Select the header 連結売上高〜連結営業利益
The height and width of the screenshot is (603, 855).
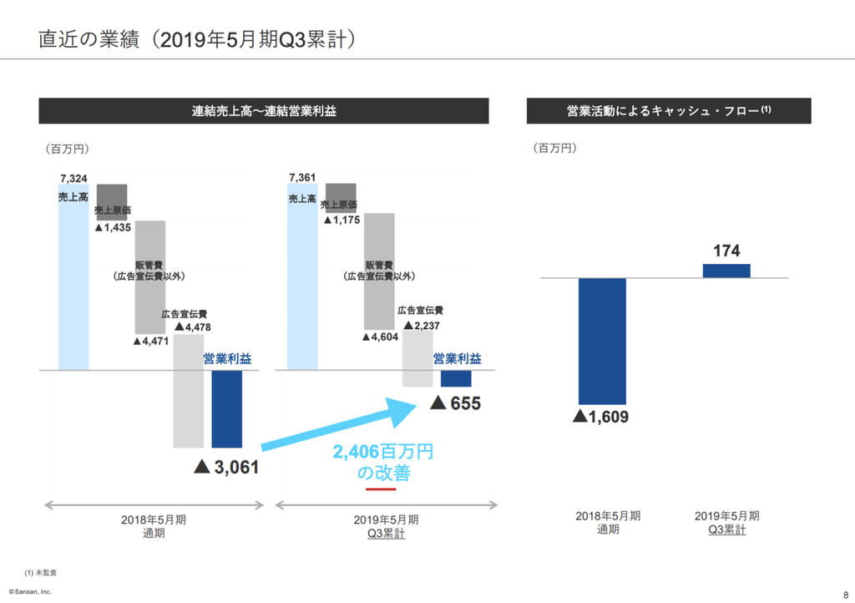[x=264, y=111]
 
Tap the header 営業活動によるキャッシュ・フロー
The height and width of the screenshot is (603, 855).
[x=668, y=111]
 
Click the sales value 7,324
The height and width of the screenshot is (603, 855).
[x=73, y=177]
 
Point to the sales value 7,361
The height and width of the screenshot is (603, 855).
[x=301, y=177]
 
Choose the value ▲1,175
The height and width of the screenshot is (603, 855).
[x=341, y=219]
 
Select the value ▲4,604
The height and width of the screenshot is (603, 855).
[x=381, y=337]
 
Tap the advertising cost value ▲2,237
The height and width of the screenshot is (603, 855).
[x=421, y=325]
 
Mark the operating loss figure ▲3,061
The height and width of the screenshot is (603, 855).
[x=226, y=467]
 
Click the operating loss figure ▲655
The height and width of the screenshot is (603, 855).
[x=455, y=403]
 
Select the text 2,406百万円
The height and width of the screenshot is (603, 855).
[x=383, y=452]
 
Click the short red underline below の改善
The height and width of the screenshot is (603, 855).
[x=381, y=489]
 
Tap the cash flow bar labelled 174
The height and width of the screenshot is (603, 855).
[x=726, y=271]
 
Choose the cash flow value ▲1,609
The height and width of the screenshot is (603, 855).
[x=600, y=417]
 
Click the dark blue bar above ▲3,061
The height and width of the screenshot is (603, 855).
[x=227, y=408]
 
